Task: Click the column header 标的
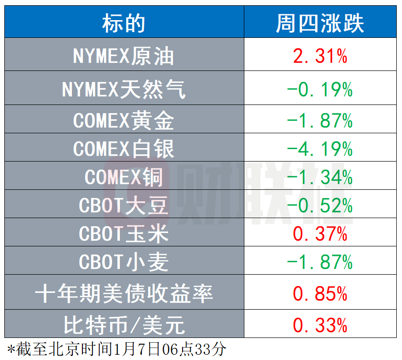124,23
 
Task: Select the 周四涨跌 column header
320,23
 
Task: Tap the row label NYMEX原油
124,56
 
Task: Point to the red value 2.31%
320,56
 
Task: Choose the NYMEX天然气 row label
124,89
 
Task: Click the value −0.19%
320,90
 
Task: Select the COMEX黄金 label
124,120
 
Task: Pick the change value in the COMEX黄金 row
320,120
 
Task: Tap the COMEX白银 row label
124,149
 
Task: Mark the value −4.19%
320,149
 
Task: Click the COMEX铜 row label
124,177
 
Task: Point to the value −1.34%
320,177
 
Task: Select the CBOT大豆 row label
124,205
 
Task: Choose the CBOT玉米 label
124,233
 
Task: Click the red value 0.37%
320,234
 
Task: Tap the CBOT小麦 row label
124,262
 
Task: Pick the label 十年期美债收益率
124,293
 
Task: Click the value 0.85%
320,293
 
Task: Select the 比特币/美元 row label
124,325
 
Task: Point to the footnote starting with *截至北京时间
117,349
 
